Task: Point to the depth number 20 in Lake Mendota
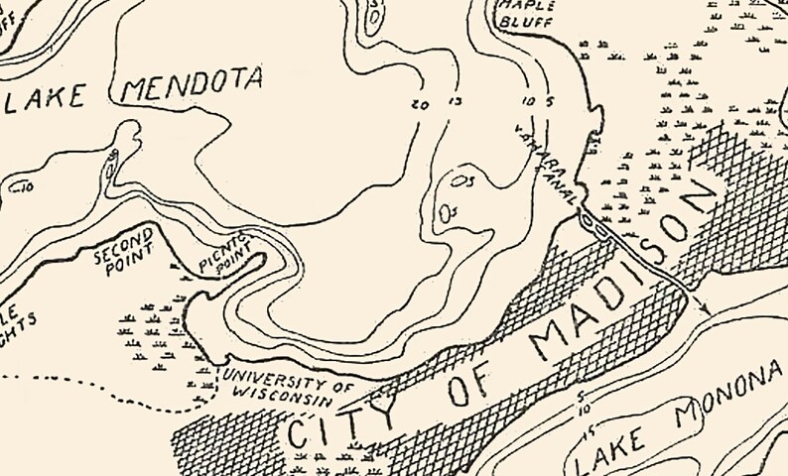(418, 104)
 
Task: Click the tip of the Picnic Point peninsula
(262, 258)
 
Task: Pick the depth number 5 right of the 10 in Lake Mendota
(549, 101)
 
